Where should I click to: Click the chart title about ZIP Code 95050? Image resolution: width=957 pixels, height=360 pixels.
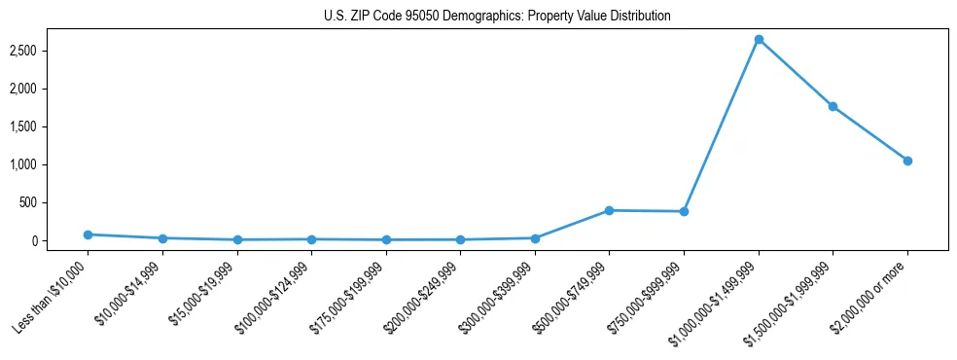point(497,17)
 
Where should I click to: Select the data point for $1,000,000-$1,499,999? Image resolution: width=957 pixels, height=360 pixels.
point(759,40)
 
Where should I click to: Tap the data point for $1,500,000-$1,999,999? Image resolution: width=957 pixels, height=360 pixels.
point(833,106)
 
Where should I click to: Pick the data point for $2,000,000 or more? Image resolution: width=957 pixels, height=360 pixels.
point(907,161)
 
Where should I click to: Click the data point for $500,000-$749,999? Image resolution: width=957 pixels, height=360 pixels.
point(609,210)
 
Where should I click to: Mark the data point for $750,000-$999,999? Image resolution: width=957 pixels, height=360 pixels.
point(684,211)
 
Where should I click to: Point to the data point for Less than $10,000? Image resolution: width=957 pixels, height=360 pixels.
point(88,234)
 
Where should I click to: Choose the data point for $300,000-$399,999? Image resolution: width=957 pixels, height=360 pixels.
point(535,237)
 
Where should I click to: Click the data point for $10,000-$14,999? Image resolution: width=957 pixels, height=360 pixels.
point(162,238)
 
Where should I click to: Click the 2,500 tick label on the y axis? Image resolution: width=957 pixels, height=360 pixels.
point(51,51)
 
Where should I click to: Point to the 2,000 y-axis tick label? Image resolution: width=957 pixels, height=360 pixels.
point(51,89)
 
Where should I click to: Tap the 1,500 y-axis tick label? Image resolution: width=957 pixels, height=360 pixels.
point(51,126)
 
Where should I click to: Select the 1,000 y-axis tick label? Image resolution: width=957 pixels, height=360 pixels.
point(51,164)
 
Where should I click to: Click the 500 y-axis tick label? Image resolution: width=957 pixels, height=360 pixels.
point(56,202)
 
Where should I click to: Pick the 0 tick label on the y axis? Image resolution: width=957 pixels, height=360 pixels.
point(61,240)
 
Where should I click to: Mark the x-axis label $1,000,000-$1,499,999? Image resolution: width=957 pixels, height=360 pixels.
point(716,300)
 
